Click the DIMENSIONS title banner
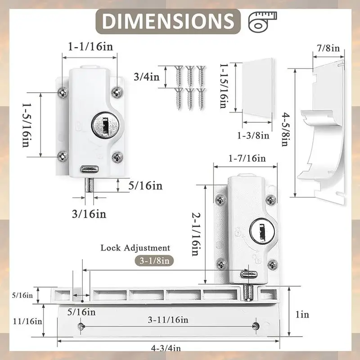[x=168, y=21]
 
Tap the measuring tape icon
[x=262, y=21]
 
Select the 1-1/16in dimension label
[x=91, y=47]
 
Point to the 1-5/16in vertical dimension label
[x=27, y=125]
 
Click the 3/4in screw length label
[x=147, y=76]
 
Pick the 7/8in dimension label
[x=328, y=48]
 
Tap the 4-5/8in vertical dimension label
[x=285, y=129]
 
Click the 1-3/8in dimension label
[x=253, y=135]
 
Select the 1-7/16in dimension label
[x=247, y=158]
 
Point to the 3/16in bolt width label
[x=89, y=214]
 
